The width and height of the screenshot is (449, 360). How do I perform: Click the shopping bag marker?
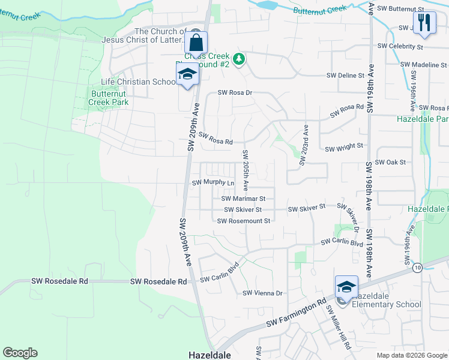pyautogui.click(x=196, y=43)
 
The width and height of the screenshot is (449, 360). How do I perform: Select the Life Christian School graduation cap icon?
pyautogui.click(x=187, y=75)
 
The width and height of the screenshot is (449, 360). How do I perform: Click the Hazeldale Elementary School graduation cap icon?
pyautogui.click(x=346, y=287)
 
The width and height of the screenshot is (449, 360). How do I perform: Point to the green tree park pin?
pyautogui.click(x=239, y=59)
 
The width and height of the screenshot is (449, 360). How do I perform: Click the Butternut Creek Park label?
pyautogui.click(x=109, y=98)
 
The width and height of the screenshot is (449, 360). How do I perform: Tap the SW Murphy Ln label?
pyautogui.click(x=212, y=182)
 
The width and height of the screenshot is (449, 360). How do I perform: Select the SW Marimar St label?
pyautogui.click(x=243, y=198)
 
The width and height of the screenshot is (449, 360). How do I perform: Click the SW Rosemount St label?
pyautogui.click(x=244, y=221)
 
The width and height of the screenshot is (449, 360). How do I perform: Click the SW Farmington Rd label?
pyautogui.click(x=297, y=312)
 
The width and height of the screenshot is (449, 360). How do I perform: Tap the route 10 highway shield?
pyautogui.click(x=417, y=267)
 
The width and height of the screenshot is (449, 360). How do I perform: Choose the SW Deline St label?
pyautogui.click(x=345, y=76)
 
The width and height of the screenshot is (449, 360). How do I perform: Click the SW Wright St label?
pyautogui.click(x=343, y=146)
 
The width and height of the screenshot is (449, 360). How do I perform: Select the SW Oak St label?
pyautogui.click(x=390, y=162)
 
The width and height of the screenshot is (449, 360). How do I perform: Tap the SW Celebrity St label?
pyautogui.click(x=400, y=46)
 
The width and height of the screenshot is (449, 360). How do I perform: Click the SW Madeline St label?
pyautogui.click(x=420, y=65)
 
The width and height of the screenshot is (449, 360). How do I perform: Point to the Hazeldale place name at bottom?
pyautogui.click(x=210, y=355)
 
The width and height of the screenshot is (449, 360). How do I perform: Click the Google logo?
pyautogui.click(x=20, y=353)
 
